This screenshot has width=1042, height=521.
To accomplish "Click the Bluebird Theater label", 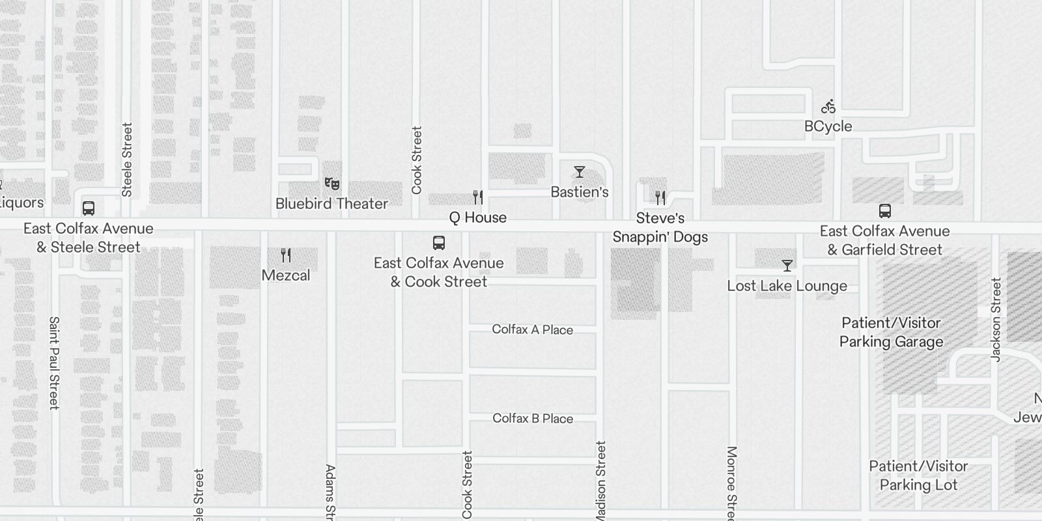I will [x=331, y=204].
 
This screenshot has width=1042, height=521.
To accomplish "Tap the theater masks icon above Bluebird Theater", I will [x=332, y=184].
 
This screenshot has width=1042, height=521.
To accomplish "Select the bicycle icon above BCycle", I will [x=828, y=106].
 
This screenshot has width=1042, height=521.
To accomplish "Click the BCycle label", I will [x=828, y=126].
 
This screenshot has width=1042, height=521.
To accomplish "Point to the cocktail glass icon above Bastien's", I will [x=579, y=172].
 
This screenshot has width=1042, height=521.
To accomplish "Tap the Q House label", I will [x=477, y=218].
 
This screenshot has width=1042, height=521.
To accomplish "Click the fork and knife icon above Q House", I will [x=478, y=197].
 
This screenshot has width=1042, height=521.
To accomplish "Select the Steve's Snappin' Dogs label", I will [x=660, y=227].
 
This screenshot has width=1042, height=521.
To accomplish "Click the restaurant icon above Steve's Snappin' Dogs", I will [x=660, y=197].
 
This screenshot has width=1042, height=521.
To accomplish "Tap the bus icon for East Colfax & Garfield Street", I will [x=884, y=211].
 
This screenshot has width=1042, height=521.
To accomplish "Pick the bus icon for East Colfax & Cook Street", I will [x=439, y=243].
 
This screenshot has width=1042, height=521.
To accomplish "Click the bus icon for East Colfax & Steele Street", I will [x=89, y=208].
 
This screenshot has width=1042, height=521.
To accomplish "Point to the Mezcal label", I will [x=286, y=275].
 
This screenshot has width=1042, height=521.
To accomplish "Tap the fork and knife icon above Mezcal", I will [x=286, y=255].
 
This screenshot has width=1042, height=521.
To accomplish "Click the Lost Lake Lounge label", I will [x=787, y=286].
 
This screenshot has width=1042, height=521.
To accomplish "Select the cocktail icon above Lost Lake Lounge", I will [x=787, y=266].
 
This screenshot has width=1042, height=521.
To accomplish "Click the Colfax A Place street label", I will [x=532, y=330].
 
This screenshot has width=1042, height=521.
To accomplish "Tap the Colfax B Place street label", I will [x=533, y=419].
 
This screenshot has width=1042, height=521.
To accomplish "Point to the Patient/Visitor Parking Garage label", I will [x=891, y=332].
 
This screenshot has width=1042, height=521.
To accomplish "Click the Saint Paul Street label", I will [x=54, y=363].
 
